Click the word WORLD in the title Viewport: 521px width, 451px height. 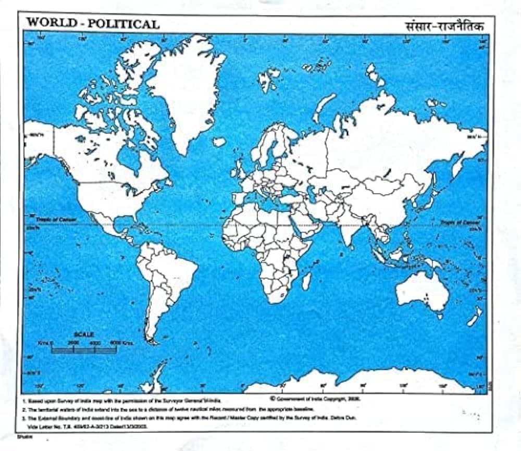(x=47, y=23)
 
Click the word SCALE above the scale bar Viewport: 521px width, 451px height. (x=83, y=334)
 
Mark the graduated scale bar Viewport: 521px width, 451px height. (x=83, y=349)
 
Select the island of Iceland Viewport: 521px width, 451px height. (x=219, y=142)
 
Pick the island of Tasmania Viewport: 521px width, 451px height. (x=439, y=316)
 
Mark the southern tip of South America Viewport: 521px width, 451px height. (x=152, y=341)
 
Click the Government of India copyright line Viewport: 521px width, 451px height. (x=315, y=398)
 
